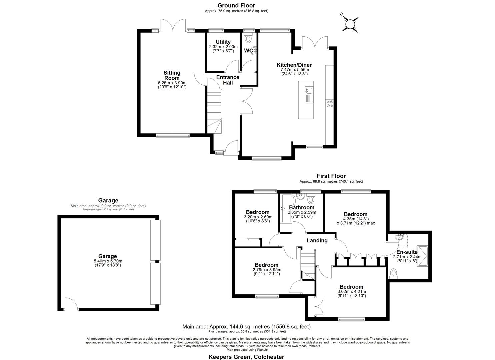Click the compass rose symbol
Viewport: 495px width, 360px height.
[350, 24]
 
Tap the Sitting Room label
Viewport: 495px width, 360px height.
[172, 75]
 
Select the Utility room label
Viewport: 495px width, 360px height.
[223, 42]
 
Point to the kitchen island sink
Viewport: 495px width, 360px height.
[308, 90]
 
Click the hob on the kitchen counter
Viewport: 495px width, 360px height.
[329, 104]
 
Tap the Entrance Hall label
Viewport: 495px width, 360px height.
[228, 80]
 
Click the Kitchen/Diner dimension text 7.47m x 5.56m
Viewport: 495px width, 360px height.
[294, 70]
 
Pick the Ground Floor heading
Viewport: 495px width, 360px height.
[236, 5]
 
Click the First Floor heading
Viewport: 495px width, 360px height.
[331, 176]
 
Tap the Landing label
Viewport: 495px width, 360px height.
[317, 240]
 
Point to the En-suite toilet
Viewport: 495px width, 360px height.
[394, 274]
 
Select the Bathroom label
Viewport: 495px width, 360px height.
[302, 207]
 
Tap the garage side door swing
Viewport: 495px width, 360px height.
[71, 304]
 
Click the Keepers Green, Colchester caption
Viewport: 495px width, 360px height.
[246, 357]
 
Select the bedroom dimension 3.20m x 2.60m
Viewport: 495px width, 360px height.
[257, 217]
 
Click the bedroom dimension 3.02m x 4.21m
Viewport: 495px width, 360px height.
[351, 291]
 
